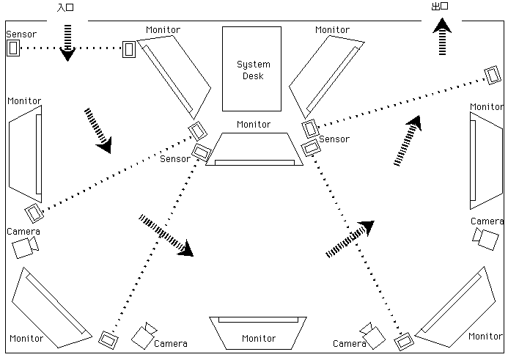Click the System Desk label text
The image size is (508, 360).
tap(252, 70)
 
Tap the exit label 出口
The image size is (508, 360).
tap(440, 7)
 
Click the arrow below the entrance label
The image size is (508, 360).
tap(67, 43)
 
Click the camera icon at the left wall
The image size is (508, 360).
tap(24, 248)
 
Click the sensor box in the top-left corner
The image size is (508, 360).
tap(13, 48)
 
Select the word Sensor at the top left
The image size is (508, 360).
tap(21, 34)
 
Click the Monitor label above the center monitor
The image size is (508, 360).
tap(254, 125)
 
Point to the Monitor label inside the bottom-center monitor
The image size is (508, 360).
tap(259, 339)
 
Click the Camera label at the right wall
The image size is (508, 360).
tap(487, 221)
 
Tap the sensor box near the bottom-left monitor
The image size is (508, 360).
tap(108, 340)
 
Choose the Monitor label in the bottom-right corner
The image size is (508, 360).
tap(486, 336)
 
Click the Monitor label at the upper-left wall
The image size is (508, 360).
tap(24, 100)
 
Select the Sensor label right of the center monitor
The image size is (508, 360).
tap(334, 139)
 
